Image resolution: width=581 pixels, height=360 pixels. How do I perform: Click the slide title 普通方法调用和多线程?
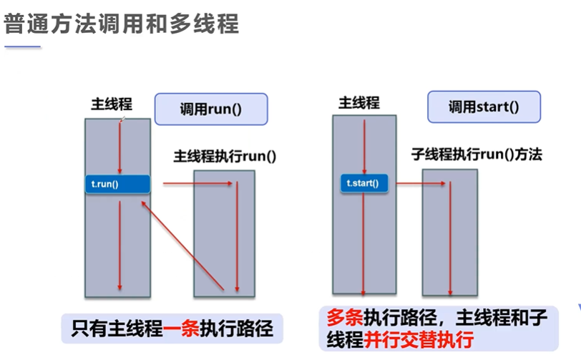pyautogui.click(x=121, y=24)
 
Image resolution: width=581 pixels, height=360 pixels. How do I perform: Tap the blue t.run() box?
pyautogui.click(x=117, y=184)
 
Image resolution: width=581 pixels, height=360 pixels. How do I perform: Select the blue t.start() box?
pyautogui.click(x=364, y=183)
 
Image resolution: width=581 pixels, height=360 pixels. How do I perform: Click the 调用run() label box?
pyautogui.click(x=211, y=109)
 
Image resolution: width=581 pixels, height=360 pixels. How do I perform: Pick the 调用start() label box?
pyautogui.click(x=484, y=107)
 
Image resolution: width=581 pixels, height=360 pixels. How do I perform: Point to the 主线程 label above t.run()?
pyautogui.click(x=112, y=104)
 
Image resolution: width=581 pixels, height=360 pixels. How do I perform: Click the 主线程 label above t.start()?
pyautogui.click(x=359, y=102)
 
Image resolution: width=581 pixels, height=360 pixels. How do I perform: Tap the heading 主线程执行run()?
pyautogui.click(x=225, y=156)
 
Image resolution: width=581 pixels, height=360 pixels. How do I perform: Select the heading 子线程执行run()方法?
pyautogui.click(x=477, y=154)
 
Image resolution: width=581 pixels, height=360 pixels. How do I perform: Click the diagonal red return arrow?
pyautogui.click(x=182, y=245)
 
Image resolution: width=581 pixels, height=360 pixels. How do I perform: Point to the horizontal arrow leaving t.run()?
pyautogui.click(x=198, y=183)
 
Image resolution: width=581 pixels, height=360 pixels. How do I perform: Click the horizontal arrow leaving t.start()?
pyautogui.click(x=421, y=183)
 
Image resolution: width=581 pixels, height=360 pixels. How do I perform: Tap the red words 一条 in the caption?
pyautogui.click(x=181, y=329)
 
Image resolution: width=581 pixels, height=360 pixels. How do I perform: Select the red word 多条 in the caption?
pyautogui.click(x=345, y=317)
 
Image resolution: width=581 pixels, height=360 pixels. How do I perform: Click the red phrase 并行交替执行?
pyautogui.click(x=419, y=340)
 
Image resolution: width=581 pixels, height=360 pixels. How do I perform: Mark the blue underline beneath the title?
pyautogui.click(x=22, y=47)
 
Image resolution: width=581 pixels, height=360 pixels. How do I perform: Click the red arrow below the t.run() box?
pyautogui.click(x=119, y=245)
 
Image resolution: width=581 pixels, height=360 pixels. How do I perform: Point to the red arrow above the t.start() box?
pyautogui.click(x=364, y=147)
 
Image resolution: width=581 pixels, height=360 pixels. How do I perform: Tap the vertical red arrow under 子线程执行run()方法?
pyautogui.click(x=450, y=238)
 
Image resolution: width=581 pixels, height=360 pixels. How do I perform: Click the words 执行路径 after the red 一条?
pyautogui.click(x=236, y=329)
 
